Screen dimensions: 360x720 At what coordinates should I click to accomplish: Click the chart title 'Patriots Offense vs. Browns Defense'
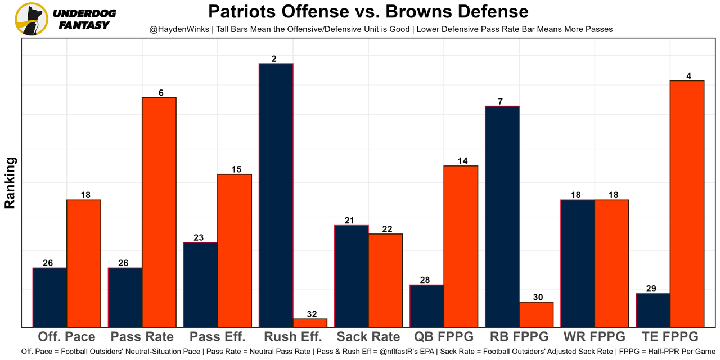(368, 12)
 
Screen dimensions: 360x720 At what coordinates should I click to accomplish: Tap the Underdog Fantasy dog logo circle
(31, 19)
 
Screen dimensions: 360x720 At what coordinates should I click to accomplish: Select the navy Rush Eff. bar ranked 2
(276, 195)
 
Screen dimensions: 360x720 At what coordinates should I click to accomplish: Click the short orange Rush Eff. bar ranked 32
(310, 323)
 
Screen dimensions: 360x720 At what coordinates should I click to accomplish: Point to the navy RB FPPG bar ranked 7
(502, 216)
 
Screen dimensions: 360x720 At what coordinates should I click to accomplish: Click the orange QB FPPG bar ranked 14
(461, 246)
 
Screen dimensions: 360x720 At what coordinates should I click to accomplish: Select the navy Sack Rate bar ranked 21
(351, 276)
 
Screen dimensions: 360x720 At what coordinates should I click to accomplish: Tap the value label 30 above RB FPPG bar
(537, 297)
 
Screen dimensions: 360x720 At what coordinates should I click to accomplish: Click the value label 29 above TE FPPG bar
(651, 289)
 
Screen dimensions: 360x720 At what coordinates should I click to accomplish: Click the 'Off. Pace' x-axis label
(66, 337)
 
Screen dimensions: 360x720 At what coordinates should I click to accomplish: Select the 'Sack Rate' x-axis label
(368, 337)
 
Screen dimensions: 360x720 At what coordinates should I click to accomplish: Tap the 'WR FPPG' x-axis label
(594, 337)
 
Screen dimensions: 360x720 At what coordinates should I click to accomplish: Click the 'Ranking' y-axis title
(10, 183)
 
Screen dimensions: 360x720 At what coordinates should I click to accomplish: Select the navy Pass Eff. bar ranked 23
(200, 284)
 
